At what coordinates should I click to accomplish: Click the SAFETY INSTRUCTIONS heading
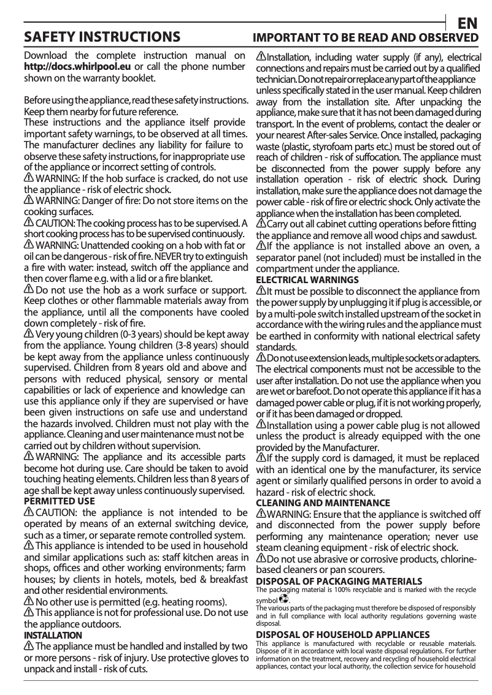click(102, 36)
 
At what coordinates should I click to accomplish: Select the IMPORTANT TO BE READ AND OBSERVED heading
click(367, 37)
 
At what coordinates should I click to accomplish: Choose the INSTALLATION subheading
click(53, 635)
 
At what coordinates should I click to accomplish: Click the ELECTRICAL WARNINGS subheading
click(307, 279)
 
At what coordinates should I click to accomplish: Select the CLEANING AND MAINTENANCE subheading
click(323, 503)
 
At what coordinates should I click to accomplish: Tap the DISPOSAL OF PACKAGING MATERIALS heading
click(339, 580)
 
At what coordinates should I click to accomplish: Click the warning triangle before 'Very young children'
click(28, 333)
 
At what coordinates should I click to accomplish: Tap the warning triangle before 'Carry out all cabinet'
click(261, 224)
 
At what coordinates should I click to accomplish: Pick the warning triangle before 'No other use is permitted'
click(28, 601)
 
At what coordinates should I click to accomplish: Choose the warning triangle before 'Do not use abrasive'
click(261, 558)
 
